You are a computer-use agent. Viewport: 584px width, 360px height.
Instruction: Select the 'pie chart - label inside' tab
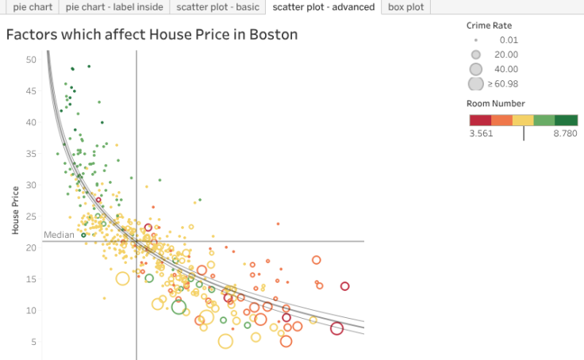114,7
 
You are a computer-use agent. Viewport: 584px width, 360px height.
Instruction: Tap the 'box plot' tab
405,7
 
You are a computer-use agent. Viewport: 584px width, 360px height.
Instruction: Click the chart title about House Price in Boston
152,35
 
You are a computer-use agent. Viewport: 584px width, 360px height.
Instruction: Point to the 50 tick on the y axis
31,59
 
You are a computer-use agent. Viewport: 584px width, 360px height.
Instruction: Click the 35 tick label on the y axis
31,154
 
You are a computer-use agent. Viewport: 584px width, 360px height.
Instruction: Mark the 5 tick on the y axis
33,342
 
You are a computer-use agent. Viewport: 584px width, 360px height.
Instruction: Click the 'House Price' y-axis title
15,211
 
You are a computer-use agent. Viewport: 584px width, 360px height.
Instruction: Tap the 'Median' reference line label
59,235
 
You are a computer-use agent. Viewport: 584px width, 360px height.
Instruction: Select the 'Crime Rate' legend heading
490,25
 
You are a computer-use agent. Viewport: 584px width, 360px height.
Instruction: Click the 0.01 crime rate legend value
509,40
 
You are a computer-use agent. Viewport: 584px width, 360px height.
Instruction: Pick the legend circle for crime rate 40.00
476,69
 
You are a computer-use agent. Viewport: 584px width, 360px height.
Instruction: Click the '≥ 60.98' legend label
502,83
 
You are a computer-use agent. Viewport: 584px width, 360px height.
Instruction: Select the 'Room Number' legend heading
496,103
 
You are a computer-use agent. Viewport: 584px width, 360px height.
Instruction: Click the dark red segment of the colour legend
480,120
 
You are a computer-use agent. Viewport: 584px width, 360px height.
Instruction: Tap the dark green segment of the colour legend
567,120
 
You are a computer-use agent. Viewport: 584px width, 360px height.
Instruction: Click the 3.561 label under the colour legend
482,134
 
